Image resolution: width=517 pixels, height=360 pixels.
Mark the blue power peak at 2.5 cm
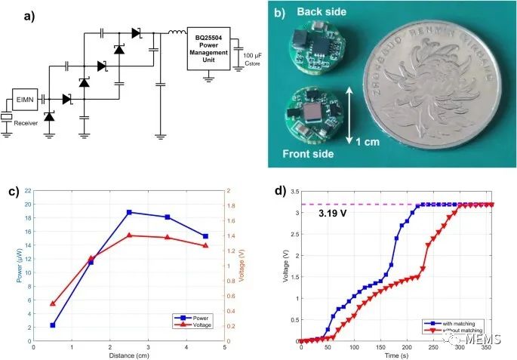[x=129, y=212]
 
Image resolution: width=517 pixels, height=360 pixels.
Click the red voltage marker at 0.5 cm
[x=52, y=303]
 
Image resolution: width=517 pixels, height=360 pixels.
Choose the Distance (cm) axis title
[x=128, y=354]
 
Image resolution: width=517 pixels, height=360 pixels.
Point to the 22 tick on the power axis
[x=26, y=191]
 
